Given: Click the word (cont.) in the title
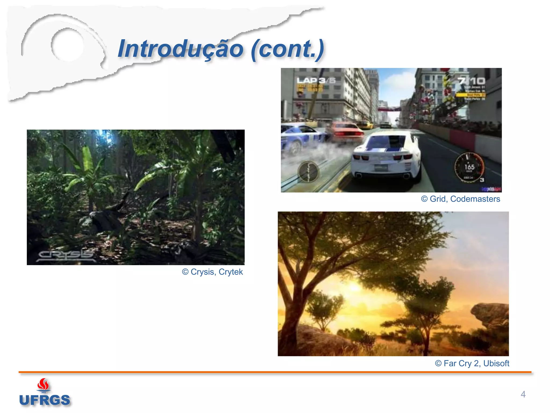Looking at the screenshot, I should [287, 49].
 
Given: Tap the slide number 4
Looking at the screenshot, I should [523, 394].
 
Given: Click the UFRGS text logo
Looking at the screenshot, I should [45, 400].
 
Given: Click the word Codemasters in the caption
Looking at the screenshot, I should [475, 199].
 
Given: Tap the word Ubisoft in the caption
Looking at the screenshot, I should [496, 363].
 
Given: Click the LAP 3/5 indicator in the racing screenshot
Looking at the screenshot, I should [316, 80].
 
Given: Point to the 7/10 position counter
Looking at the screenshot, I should [472, 81].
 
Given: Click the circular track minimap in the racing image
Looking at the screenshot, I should [308, 172].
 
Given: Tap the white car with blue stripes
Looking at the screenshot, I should [387, 156].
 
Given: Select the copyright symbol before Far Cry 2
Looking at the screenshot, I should [438, 364].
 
